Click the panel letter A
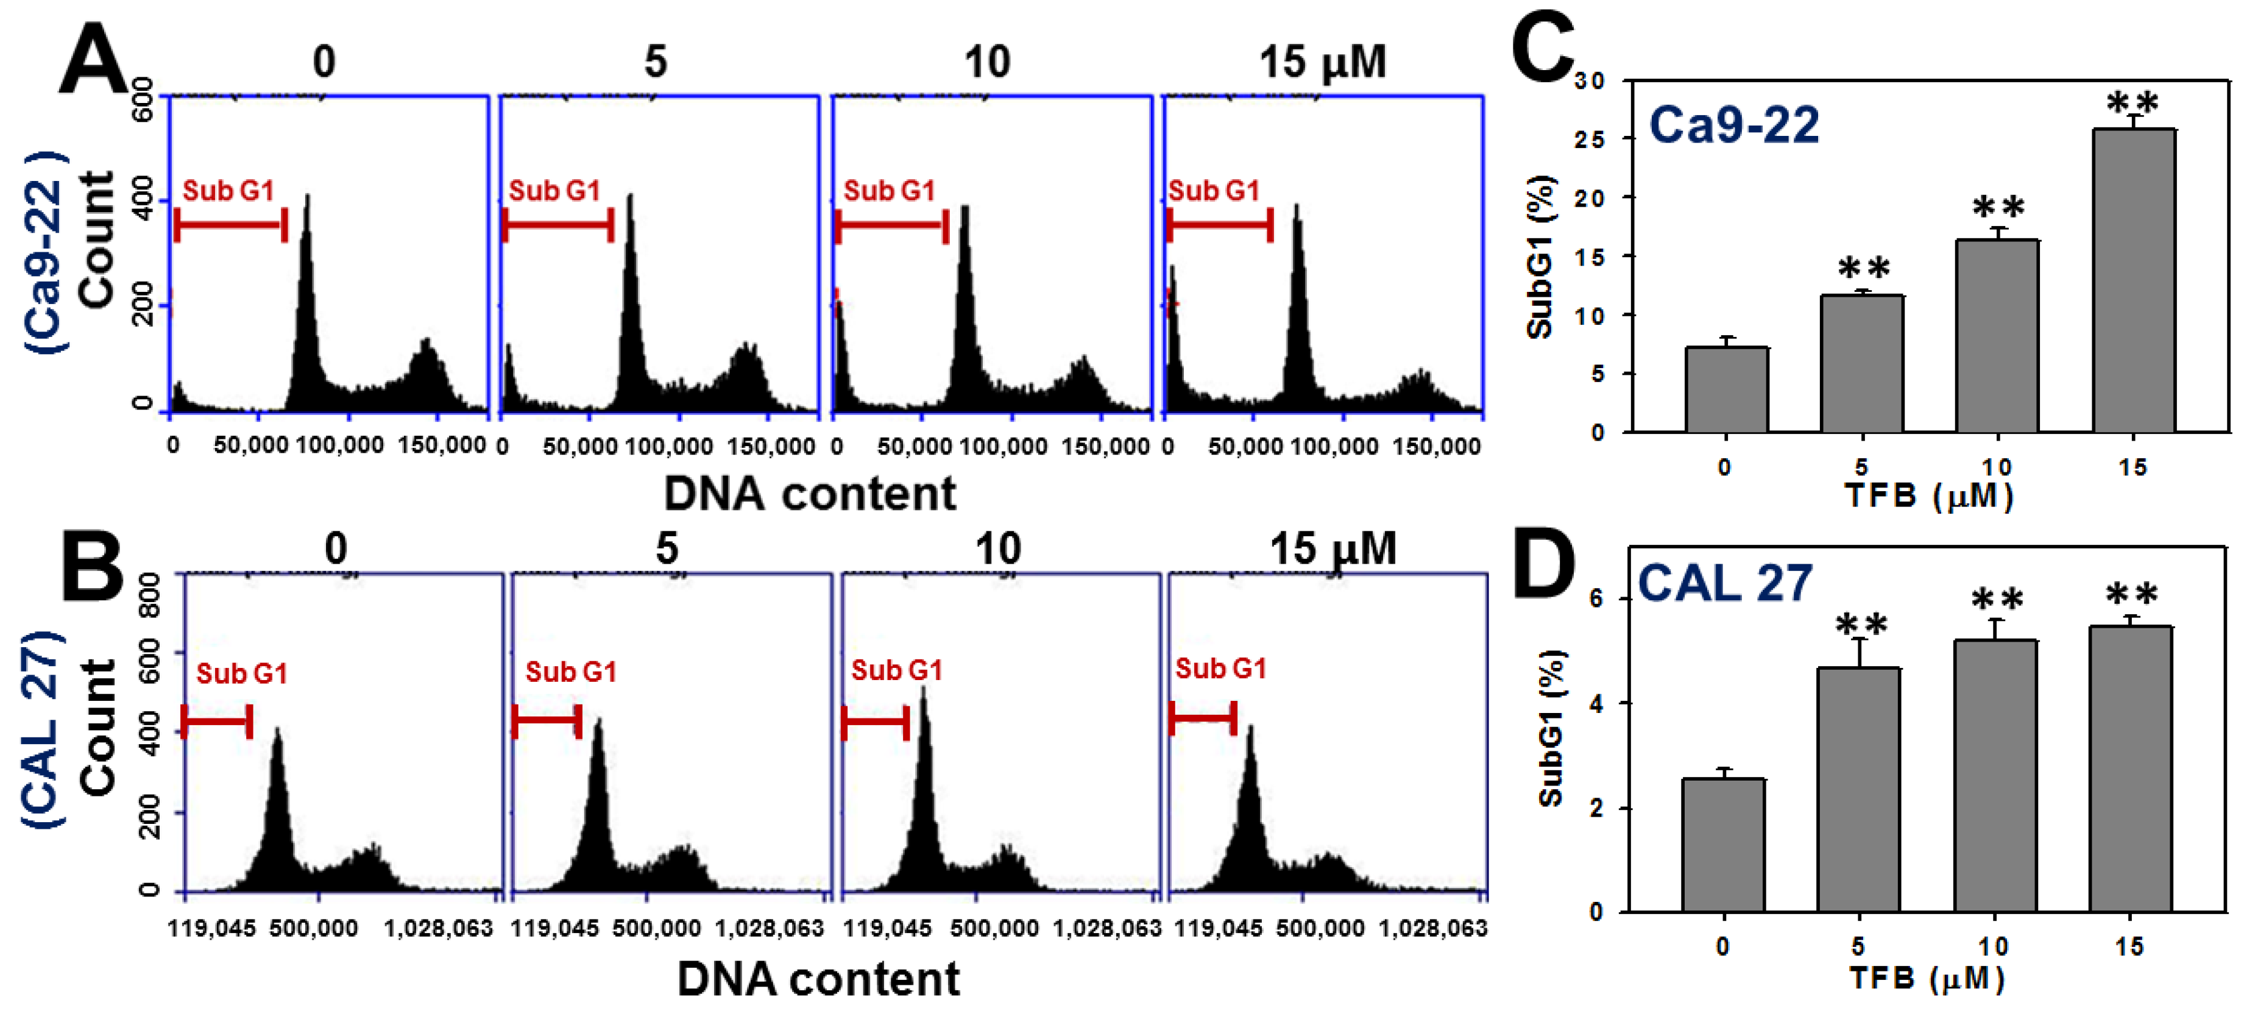(94, 59)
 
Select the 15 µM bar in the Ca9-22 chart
(2133, 279)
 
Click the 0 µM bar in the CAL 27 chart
(1723, 845)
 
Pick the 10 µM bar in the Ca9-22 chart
(1997, 336)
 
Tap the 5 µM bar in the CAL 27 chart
(1858, 789)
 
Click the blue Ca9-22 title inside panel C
(1733, 125)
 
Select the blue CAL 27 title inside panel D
(1725, 583)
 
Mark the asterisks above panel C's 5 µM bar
(1863, 268)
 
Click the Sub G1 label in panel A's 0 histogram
(228, 190)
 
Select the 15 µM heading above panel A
(1322, 62)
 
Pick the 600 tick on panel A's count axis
(144, 99)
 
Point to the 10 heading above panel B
(997, 549)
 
